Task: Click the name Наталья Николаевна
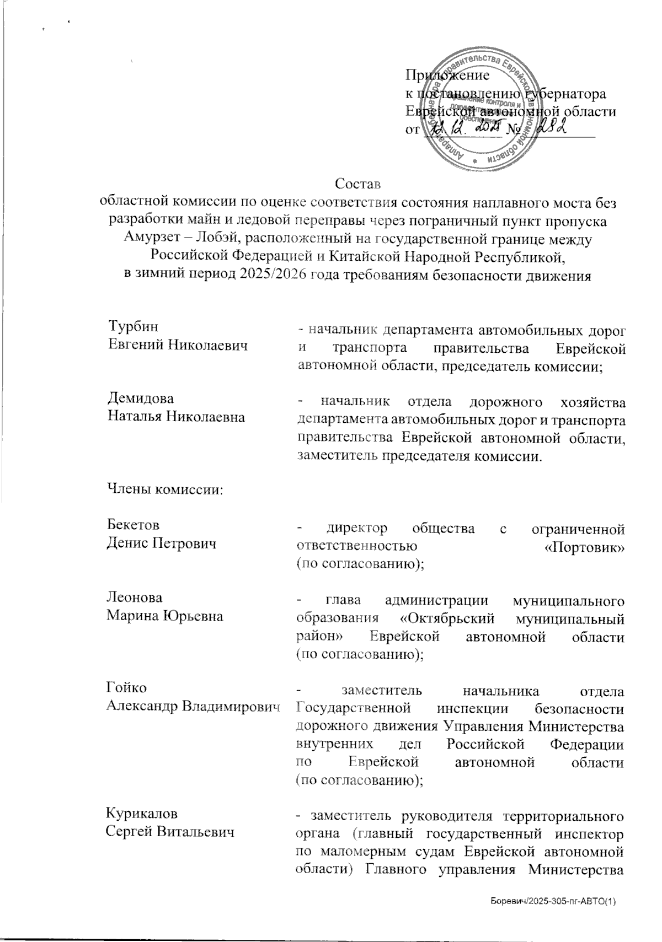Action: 176,417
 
